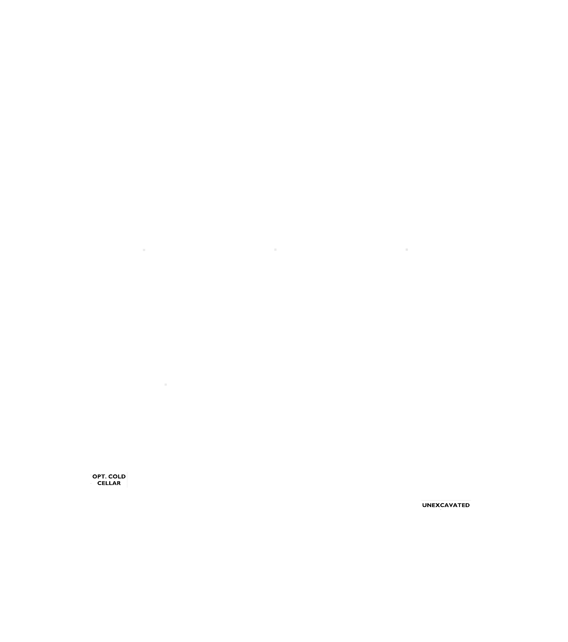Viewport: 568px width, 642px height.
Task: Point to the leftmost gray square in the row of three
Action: pyautogui.click(x=144, y=250)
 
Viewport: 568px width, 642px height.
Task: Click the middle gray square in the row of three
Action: pyautogui.click(x=275, y=250)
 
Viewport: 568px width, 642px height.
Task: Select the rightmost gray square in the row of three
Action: pyautogui.click(x=407, y=250)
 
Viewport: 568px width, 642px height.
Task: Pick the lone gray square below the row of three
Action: pyautogui.click(x=166, y=385)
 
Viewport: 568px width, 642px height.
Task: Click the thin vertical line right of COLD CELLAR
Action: pyautogui.click(x=127, y=480)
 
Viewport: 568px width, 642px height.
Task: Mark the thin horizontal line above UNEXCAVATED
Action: pyautogui.click(x=446, y=500)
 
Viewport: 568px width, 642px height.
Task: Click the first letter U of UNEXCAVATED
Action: pyautogui.click(x=425, y=505)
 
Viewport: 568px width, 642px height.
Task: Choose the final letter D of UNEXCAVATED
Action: pyautogui.click(x=467, y=505)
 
